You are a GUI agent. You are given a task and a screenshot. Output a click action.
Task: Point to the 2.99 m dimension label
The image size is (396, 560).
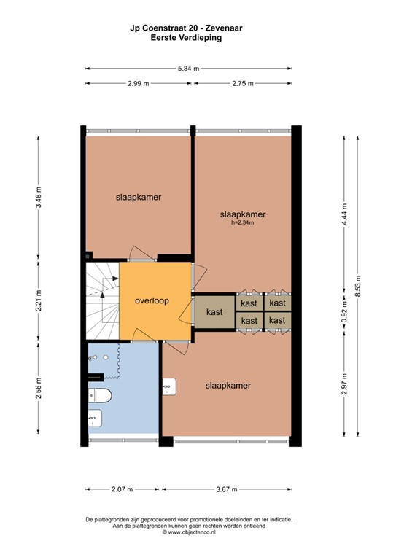coord(138,83)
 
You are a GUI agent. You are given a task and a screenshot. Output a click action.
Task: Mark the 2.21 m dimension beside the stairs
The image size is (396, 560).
coord(38,300)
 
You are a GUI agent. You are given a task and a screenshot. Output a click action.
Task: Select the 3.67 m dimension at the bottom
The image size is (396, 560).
coord(228,489)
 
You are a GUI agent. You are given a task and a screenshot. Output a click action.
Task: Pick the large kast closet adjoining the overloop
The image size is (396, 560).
coord(214,312)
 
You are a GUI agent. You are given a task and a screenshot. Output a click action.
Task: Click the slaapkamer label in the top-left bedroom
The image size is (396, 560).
coord(139,197)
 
